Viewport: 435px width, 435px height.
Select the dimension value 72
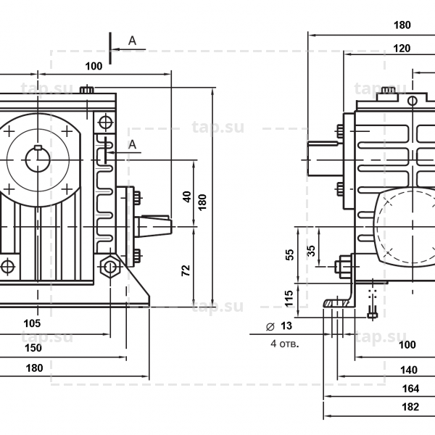click(187, 269)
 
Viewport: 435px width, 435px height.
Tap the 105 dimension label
click(32, 323)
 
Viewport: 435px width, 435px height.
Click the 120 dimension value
click(403, 49)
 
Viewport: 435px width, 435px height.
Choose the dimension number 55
click(290, 254)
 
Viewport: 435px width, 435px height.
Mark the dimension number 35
click(311, 250)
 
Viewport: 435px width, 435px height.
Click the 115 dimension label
click(290, 297)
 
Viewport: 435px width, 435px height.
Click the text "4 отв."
click(284, 343)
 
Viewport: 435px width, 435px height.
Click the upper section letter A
click(132, 41)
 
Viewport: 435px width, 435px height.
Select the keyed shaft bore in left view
click(38, 159)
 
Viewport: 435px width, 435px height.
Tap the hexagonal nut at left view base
click(109, 267)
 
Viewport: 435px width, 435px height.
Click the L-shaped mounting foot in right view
click(341, 297)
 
